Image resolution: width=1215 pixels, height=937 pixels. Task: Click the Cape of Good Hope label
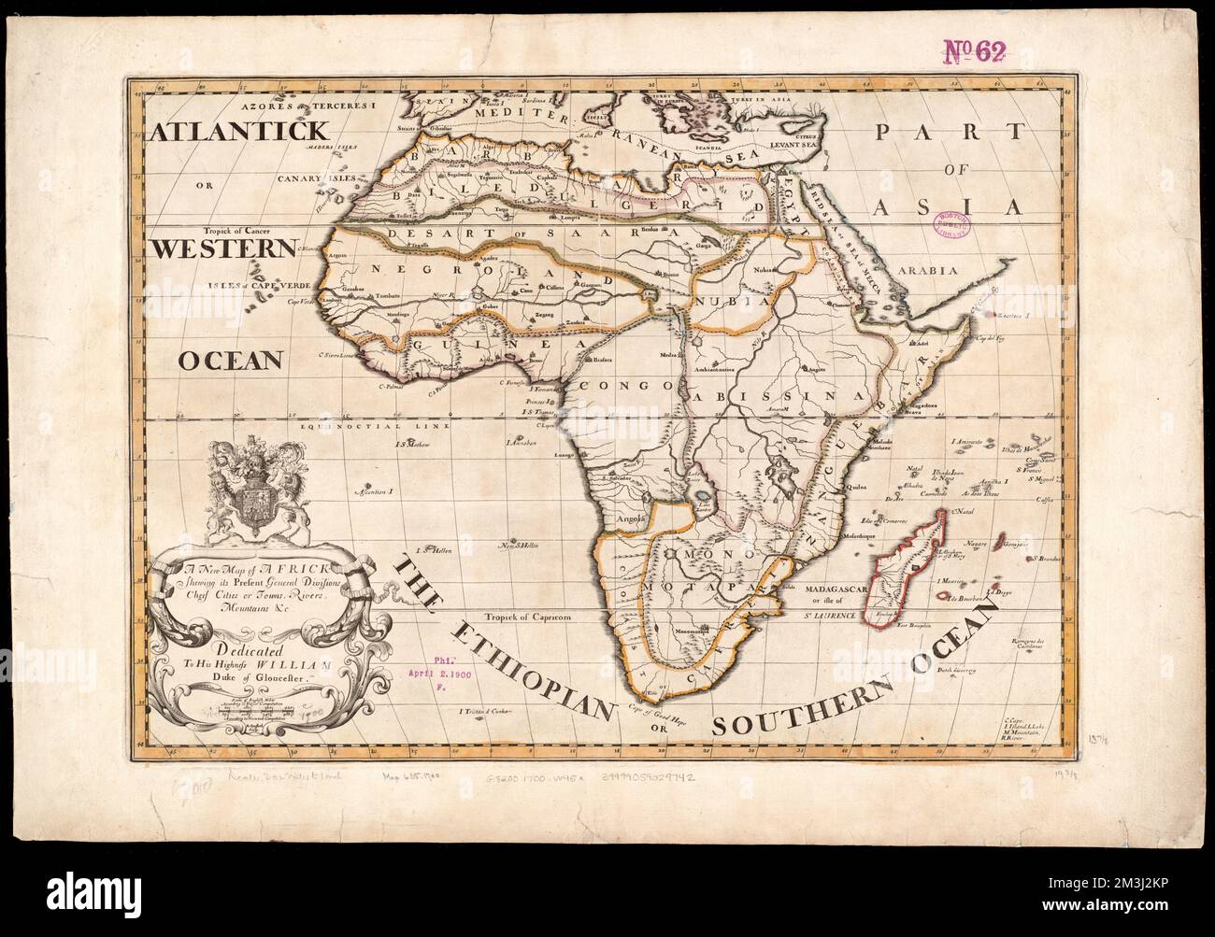[x=657, y=708]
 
